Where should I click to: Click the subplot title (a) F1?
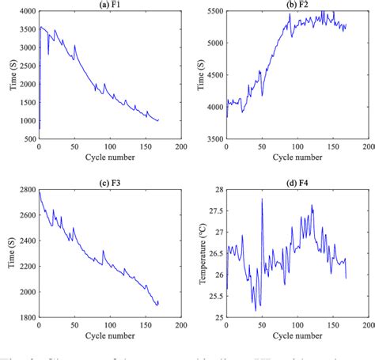(x=110, y=5)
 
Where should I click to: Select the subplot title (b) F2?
(x=297, y=5)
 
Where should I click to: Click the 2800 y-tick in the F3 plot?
(x=25, y=192)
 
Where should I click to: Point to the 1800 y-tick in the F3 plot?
(x=25, y=317)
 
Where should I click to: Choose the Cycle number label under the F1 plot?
(x=110, y=157)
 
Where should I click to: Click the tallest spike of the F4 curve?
(x=262, y=199)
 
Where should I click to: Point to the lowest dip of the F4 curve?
(x=256, y=309)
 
